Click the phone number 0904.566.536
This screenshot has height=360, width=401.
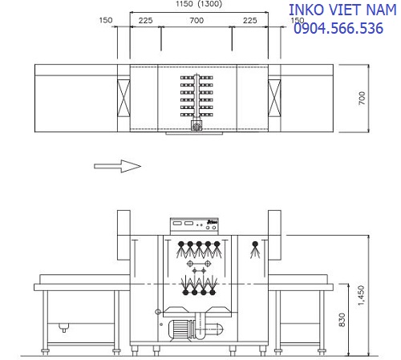(x=338, y=28)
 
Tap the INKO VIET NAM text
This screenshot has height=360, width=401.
(x=342, y=10)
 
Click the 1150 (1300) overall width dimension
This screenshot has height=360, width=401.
(x=199, y=4)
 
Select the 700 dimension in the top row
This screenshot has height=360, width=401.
(x=196, y=20)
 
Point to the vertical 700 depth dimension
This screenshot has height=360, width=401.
(x=362, y=98)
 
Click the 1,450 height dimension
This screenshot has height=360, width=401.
(x=361, y=296)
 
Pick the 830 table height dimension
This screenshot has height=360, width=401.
(x=342, y=320)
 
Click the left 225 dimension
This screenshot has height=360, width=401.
(x=145, y=21)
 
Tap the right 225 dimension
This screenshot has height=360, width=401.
(x=249, y=21)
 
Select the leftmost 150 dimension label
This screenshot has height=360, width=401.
(x=106, y=20)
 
